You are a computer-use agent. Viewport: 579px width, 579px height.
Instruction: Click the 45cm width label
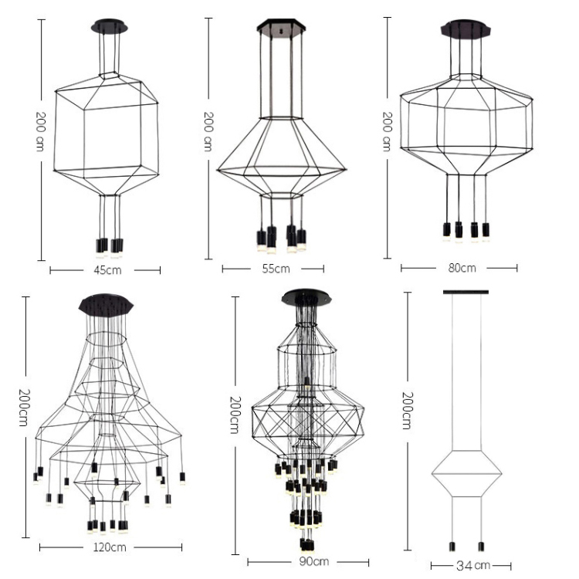tap(107, 270)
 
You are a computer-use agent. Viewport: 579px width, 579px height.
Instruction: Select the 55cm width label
tap(276, 269)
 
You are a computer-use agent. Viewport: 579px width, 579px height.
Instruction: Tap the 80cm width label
tap(462, 268)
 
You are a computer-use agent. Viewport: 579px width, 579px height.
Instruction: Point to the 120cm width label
tap(110, 547)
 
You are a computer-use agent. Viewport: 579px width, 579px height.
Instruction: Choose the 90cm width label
tap(314, 562)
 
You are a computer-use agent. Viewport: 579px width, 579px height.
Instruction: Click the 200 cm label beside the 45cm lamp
tap(40, 131)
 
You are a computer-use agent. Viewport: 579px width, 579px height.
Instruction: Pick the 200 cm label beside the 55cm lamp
tap(208, 131)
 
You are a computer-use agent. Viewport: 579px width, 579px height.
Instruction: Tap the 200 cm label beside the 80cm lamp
tap(387, 131)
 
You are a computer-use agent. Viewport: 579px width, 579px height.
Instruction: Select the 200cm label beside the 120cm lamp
tap(23, 408)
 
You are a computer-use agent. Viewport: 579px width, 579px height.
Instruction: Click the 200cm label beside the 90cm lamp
tap(235, 415)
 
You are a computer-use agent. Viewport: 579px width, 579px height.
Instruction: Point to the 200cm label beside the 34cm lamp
tap(407, 411)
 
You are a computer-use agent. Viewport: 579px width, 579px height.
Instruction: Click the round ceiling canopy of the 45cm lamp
tap(110, 26)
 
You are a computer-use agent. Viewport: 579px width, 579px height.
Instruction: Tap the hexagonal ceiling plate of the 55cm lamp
tap(281, 25)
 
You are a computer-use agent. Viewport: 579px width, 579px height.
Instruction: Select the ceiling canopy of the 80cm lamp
tap(466, 29)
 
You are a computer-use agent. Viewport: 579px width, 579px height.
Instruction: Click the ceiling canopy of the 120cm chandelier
tap(106, 305)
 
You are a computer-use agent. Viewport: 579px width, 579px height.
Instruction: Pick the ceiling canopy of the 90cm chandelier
tap(306, 298)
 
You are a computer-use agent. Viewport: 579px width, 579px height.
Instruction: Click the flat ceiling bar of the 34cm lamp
tap(466, 292)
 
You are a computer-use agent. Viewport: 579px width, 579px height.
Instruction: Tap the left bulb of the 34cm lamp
tap(452, 547)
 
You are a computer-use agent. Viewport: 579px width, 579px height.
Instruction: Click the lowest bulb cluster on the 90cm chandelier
tap(307, 545)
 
